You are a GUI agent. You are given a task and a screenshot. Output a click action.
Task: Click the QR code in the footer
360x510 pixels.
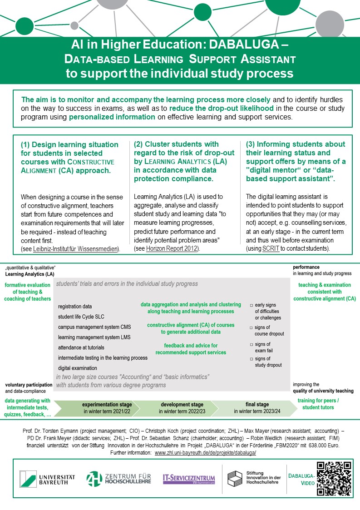(334, 478)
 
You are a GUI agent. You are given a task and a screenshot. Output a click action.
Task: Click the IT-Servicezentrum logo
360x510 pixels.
(189, 479)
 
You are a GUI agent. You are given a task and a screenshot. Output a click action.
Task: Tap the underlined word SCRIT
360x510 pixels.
(269, 249)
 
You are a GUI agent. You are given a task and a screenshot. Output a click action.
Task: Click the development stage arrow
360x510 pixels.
(182, 407)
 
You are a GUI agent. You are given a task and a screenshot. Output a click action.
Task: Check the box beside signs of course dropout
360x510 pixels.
(251, 327)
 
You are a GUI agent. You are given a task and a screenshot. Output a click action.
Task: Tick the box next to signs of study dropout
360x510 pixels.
(251, 359)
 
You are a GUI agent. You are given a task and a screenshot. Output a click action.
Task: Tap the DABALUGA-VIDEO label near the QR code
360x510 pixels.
(301, 478)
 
